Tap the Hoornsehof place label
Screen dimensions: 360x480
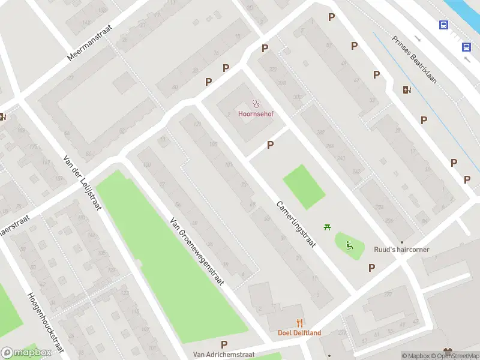coord(256,114)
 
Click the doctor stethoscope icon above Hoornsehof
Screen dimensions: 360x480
coord(256,104)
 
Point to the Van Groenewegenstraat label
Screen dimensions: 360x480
coord(197,251)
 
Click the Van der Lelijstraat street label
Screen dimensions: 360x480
coord(82,182)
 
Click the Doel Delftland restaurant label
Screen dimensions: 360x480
coord(299,333)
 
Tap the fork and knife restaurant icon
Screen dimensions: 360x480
coord(299,323)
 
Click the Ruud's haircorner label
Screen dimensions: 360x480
coord(401,250)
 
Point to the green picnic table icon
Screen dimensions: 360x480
coord(327,227)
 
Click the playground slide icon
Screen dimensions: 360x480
coord(349,244)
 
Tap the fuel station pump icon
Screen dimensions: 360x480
coord(407,90)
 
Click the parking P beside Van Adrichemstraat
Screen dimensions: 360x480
coord(224,344)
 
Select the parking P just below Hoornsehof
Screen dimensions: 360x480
coord(271,145)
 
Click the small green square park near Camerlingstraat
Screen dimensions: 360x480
coord(304,187)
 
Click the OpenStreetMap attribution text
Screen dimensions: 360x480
coord(454,356)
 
